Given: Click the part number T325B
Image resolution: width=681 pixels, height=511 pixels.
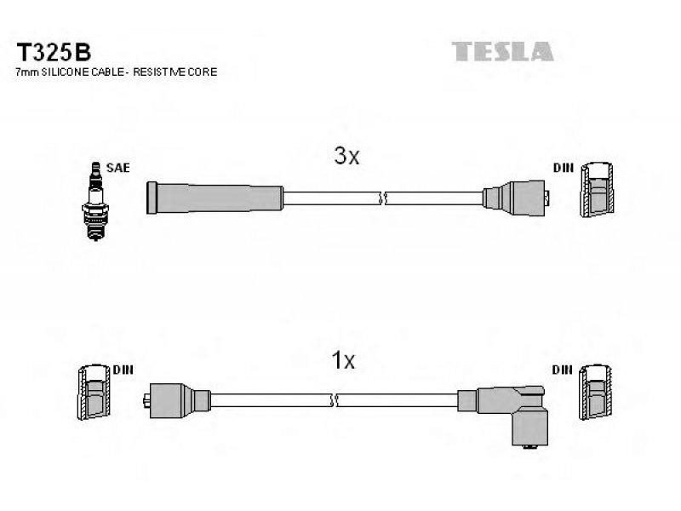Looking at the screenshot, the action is [54, 52].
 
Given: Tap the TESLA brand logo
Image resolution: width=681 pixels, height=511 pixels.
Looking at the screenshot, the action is [502, 51].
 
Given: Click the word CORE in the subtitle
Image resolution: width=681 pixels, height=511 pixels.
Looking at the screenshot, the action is [203, 72].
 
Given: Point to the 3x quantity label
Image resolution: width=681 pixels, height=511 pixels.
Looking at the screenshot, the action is [346, 155].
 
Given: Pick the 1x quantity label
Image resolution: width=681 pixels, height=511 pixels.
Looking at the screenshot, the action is [343, 360].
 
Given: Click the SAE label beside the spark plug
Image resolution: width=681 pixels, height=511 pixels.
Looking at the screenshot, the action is [117, 168].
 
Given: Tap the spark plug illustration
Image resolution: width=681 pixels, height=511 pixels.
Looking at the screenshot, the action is [95, 201].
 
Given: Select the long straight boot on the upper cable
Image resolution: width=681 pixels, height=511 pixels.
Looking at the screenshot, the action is [215, 198].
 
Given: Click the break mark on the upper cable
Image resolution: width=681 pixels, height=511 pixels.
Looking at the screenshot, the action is [382, 198].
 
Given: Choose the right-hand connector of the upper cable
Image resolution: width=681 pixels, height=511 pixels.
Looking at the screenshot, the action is [516, 198].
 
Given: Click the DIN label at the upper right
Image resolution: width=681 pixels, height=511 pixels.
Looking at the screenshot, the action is [564, 168].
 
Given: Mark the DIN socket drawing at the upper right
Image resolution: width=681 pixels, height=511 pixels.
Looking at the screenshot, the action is [598, 189].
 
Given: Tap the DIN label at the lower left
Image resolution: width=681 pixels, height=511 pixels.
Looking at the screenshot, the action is [123, 370].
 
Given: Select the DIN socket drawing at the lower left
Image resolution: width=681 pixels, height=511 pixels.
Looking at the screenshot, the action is [94, 392].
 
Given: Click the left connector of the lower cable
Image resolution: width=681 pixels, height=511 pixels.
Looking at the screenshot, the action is [177, 400].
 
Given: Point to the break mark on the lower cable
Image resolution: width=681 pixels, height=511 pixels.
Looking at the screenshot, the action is [334, 400].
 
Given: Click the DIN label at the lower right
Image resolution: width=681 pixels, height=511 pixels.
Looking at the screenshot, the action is [562, 370].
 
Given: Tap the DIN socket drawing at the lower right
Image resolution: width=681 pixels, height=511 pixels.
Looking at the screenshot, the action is [595, 392].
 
